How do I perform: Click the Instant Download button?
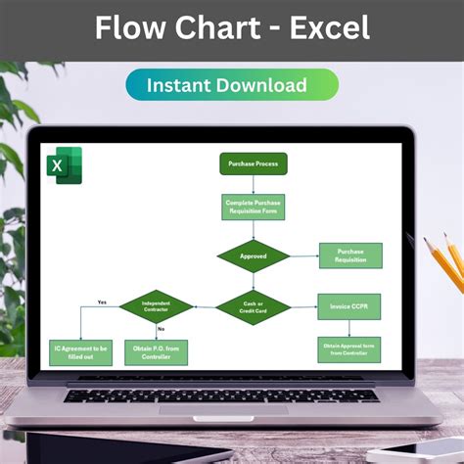pos(232,85)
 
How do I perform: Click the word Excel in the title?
pos(325,27)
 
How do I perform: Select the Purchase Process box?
pos(253,164)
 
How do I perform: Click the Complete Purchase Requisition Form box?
pos(253,207)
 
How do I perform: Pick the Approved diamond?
pos(253,256)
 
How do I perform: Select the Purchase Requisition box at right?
pos(349,255)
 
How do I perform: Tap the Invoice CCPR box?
pos(348,305)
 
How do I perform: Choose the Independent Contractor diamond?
pos(156,306)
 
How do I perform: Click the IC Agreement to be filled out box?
pos(81,351)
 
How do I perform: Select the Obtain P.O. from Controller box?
pos(156,351)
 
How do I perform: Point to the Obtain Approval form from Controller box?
pos(348,348)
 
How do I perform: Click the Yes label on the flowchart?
pos(102,302)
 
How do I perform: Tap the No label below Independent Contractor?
pos(161,329)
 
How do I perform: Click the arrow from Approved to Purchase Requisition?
pos(304,256)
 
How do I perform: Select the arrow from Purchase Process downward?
pos(253,184)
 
